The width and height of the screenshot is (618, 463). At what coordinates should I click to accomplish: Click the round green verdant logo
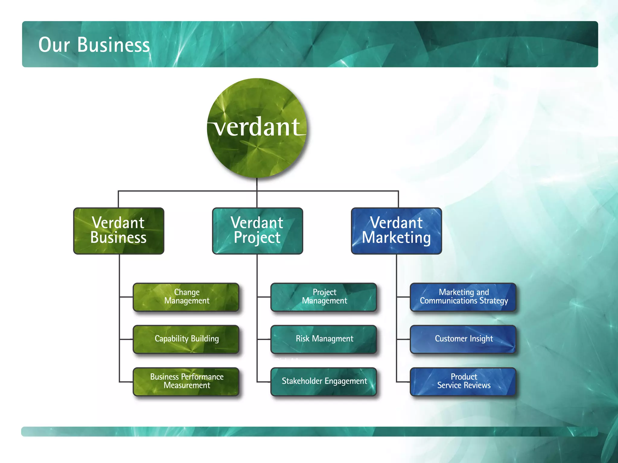click(257, 128)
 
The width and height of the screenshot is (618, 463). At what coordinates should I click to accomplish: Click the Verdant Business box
click(119, 231)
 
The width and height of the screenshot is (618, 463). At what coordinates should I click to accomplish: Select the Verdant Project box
click(257, 231)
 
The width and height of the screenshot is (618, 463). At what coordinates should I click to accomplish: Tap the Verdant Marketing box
click(396, 231)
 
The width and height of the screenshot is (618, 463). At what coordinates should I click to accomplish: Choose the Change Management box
click(186, 297)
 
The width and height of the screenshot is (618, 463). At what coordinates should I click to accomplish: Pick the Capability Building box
click(186, 339)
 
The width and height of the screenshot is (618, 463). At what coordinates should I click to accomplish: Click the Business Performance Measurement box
click(186, 381)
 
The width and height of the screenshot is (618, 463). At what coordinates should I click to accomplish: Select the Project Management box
click(324, 297)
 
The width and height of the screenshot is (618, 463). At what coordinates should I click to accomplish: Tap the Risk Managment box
click(324, 339)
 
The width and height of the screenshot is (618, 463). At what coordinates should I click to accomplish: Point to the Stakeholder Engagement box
click(324, 381)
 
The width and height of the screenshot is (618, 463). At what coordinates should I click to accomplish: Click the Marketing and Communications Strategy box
click(463, 297)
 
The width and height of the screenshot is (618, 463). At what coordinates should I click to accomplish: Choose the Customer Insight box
click(463, 339)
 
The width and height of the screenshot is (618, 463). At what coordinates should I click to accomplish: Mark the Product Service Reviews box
click(463, 381)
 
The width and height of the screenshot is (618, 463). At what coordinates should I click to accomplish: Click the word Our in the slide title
click(54, 45)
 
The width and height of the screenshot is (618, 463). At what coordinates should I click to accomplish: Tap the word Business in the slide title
click(113, 45)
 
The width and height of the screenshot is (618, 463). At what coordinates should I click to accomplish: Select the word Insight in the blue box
click(481, 339)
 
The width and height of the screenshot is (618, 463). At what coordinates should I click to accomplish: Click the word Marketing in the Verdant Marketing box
click(396, 238)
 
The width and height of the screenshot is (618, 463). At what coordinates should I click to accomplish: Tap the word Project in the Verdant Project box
click(257, 238)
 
